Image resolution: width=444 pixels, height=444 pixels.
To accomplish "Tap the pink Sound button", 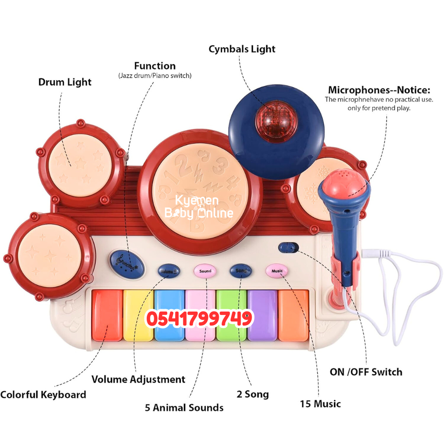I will coord(205,271).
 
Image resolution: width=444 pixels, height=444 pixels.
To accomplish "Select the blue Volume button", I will coord(168,271).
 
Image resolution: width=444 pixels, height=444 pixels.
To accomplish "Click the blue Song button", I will coord(240,271).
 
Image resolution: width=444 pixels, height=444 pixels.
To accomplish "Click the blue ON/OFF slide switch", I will coord(289,248).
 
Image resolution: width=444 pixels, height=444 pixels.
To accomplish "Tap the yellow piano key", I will coord(138,314).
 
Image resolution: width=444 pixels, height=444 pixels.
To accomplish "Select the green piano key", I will coord(231,314).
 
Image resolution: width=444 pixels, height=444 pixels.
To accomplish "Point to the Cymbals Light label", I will coord(242,49).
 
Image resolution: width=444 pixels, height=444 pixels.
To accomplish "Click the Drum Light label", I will coord(65,82).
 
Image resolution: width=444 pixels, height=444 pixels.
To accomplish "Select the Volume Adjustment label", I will coord(138,379).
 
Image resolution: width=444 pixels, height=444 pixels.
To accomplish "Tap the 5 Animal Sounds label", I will coord(184,408).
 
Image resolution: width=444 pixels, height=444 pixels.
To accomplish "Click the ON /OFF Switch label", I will coord(366,372).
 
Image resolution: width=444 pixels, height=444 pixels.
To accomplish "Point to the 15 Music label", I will coord(320,404).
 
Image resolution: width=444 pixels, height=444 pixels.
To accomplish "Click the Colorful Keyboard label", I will coord(43,395).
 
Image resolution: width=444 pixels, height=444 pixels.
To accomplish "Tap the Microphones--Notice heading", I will coord(379,90).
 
